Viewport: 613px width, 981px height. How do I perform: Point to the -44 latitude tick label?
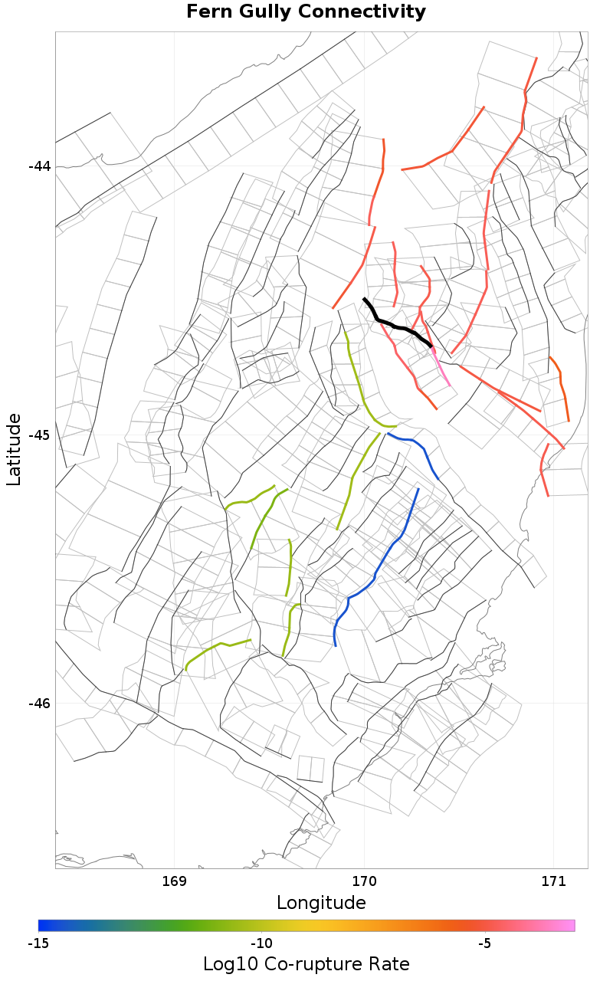[x=39, y=166]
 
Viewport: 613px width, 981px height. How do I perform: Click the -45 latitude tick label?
[x=39, y=435]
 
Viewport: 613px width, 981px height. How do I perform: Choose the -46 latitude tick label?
[x=39, y=704]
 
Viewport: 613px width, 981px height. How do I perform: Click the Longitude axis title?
[x=321, y=903]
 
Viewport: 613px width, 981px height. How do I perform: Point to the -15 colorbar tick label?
[x=38, y=943]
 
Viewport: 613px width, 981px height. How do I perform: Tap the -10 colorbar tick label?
[x=261, y=943]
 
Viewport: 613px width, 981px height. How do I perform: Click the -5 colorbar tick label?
[x=484, y=943]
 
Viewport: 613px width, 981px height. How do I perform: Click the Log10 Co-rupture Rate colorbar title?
[x=306, y=964]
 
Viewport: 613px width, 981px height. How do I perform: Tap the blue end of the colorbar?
[x=43, y=926]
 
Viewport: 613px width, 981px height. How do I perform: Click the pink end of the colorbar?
[x=570, y=926]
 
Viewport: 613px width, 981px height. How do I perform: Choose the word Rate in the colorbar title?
[x=389, y=964]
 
